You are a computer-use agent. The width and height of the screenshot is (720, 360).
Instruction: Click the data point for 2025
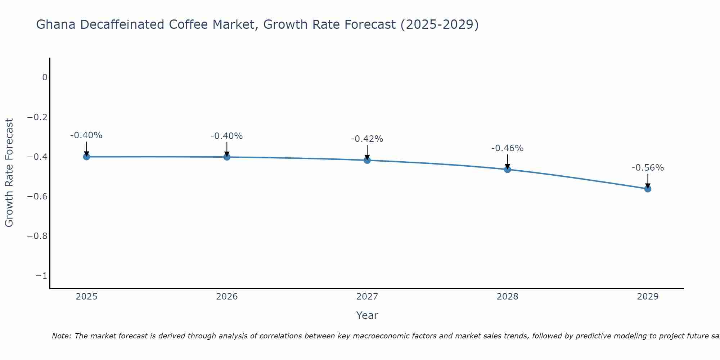click(86, 157)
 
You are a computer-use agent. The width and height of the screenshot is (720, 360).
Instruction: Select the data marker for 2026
click(227, 157)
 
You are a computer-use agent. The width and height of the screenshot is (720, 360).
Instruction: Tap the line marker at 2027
click(367, 160)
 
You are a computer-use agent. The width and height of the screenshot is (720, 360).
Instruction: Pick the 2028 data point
click(508, 169)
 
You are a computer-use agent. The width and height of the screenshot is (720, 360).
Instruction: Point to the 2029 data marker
click(648, 189)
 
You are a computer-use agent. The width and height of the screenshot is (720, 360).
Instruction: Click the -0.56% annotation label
click(648, 168)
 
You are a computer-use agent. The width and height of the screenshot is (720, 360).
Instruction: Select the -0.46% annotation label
click(507, 148)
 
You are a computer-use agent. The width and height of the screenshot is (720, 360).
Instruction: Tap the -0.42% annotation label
click(367, 139)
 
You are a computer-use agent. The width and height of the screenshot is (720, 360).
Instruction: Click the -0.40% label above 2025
click(86, 135)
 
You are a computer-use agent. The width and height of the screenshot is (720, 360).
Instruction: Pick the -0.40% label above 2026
click(226, 136)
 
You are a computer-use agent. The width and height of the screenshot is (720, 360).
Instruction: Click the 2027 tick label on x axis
click(367, 297)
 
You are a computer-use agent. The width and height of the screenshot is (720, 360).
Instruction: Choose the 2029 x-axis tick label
click(648, 297)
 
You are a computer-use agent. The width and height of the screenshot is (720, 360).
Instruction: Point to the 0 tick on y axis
click(45, 77)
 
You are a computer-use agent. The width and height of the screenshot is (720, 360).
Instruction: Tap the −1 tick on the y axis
click(41, 276)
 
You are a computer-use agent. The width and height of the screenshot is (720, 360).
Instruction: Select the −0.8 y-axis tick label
click(37, 236)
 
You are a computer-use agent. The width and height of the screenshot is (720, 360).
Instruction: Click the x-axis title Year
click(367, 315)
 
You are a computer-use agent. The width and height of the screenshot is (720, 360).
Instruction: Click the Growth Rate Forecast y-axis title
click(9, 173)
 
